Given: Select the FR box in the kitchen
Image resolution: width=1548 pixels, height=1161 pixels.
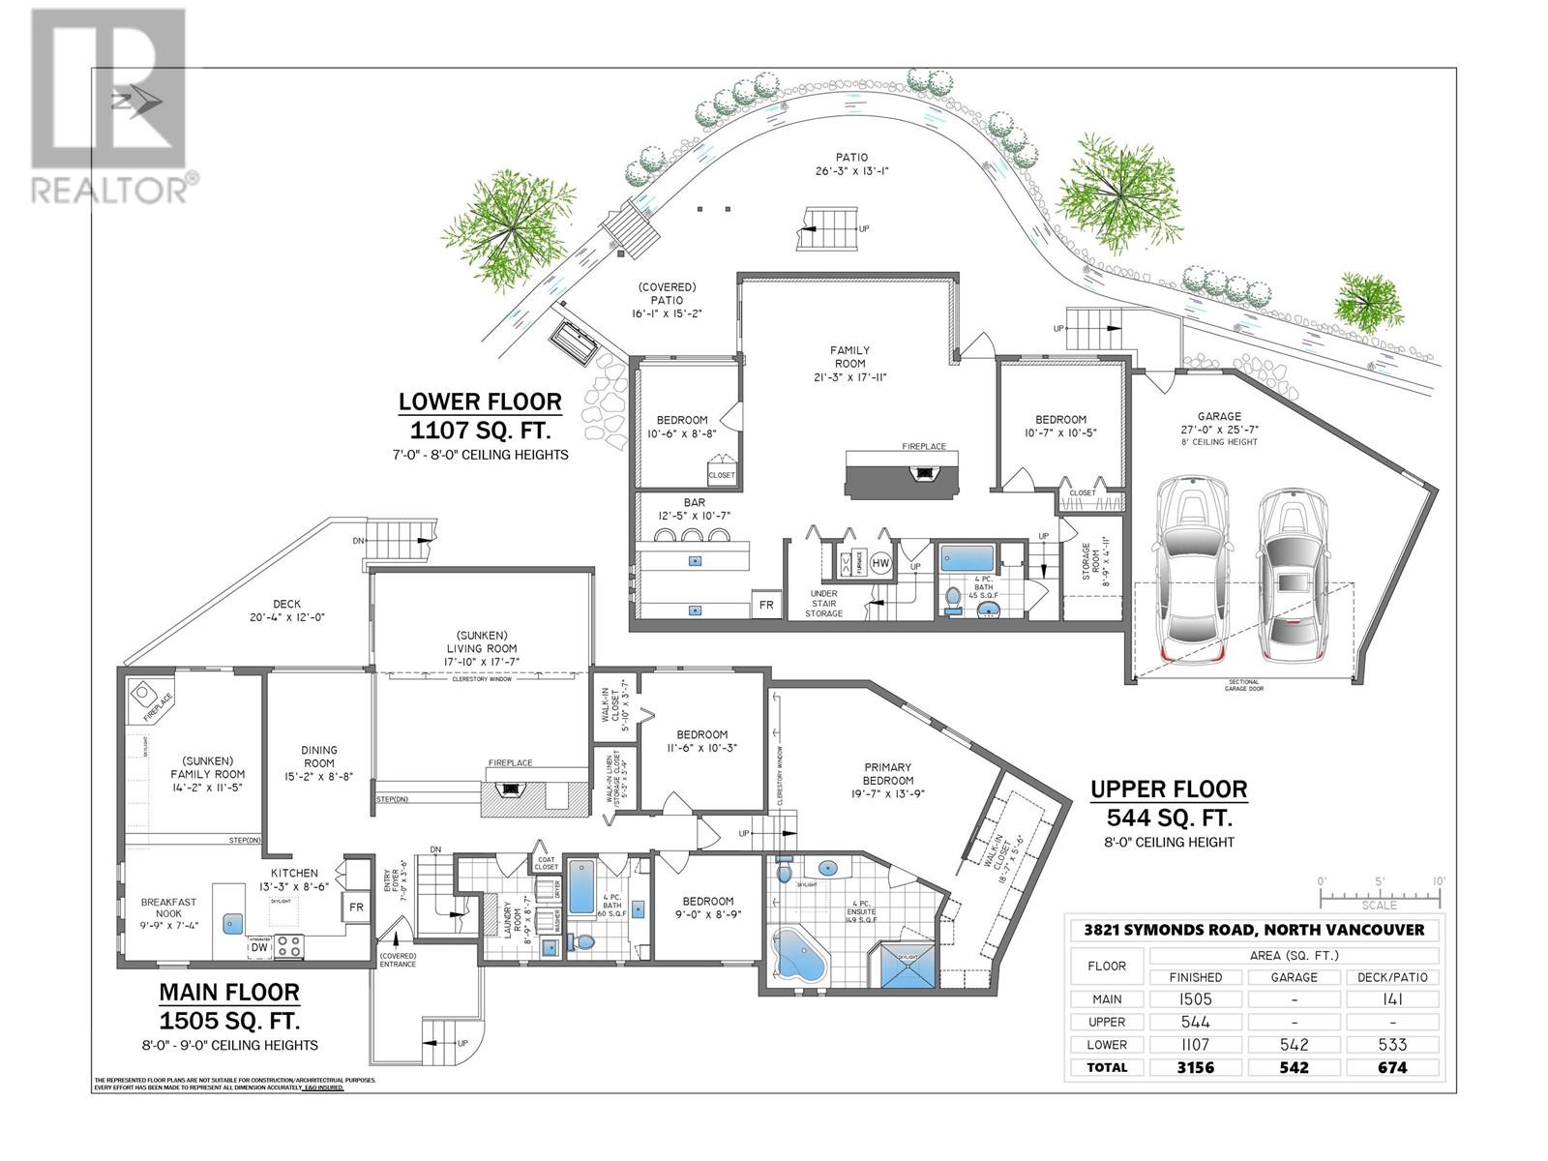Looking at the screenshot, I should [355, 908].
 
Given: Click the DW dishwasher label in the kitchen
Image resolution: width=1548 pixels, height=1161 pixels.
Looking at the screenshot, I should [259, 948].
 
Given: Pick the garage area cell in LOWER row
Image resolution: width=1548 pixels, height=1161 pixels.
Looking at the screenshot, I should [1294, 1045].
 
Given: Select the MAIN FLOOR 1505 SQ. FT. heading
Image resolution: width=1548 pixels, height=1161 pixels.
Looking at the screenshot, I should [229, 1006].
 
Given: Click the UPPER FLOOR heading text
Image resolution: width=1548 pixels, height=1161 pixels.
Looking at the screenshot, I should [1169, 789].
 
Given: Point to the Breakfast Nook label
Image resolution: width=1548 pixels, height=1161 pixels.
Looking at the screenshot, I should [169, 908].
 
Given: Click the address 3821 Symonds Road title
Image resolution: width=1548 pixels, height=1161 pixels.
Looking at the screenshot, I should [1253, 930].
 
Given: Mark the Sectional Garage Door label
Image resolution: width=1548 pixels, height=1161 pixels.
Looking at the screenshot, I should [1243, 686].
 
